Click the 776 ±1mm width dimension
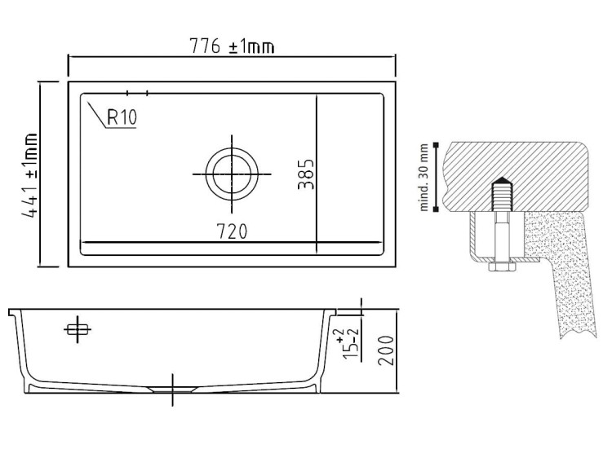pyautogui.click(x=232, y=46)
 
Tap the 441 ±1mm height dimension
pyautogui.click(x=29, y=175)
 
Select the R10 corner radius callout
pyautogui.click(x=122, y=117)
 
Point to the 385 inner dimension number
pyautogui.click(x=306, y=174)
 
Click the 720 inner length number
pyautogui.click(x=232, y=231)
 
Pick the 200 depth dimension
pyautogui.click(x=386, y=350)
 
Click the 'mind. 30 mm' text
pyautogui.click(x=424, y=178)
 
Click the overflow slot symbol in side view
pyautogui.click(x=78, y=330)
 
